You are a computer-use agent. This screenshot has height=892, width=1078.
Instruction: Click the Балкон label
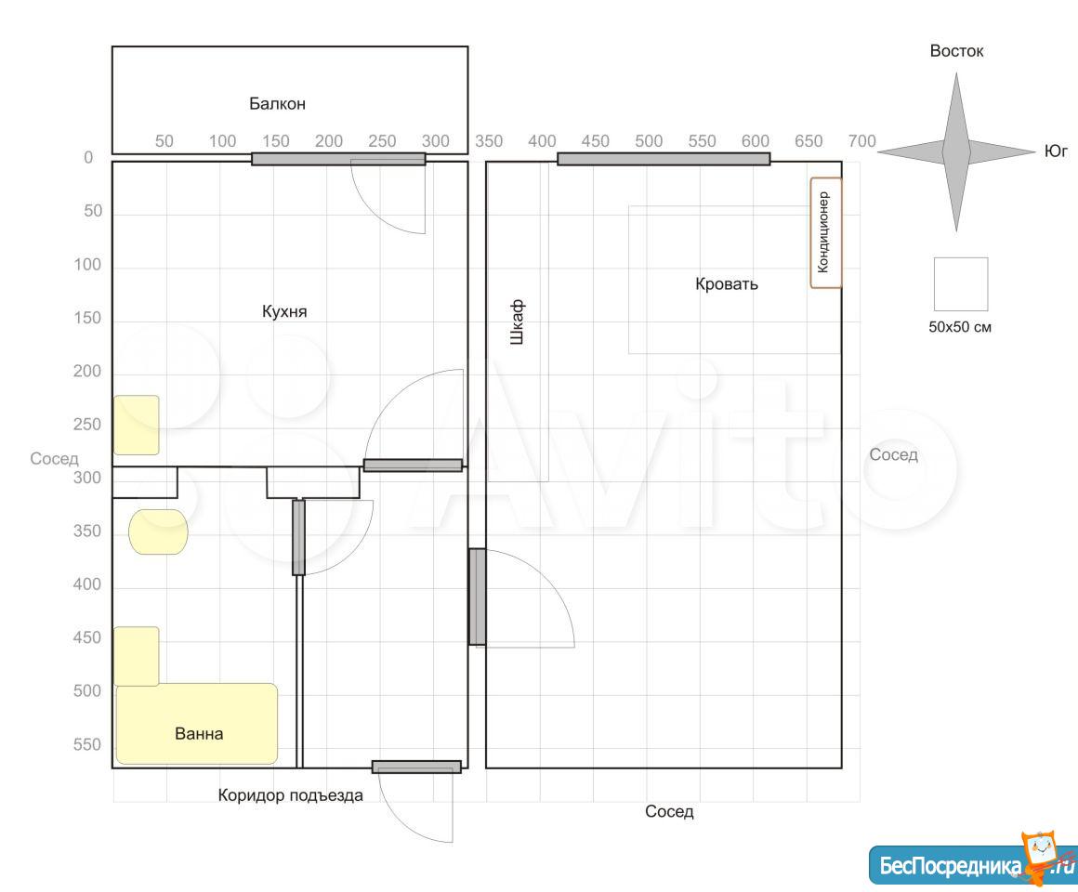pyautogui.click(x=277, y=104)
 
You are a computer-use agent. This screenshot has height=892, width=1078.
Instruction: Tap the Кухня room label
pyautogui.click(x=284, y=311)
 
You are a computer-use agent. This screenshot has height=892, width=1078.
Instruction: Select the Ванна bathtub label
pyautogui.click(x=199, y=734)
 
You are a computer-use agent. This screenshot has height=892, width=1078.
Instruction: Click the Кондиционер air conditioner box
pyautogui.click(x=825, y=232)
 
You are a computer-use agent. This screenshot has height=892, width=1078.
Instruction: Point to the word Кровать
pyautogui.click(x=727, y=283)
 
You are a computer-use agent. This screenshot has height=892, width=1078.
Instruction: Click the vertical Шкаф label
pyautogui.click(x=518, y=321)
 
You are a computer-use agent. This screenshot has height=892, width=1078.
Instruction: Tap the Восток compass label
pyautogui.click(x=956, y=51)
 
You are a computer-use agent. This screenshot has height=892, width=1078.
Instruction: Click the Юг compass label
pyautogui.click(x=1056, y=151)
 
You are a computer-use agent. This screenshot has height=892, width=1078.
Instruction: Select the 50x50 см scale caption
pyautogui.click(x=960, y=327)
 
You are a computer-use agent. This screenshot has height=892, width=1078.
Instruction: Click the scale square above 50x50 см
pyautogui.click(x=960, y=284)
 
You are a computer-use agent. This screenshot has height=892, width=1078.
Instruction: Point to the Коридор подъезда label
pyautogui.click(x=290, y=795)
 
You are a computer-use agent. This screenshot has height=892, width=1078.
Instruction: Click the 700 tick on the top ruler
pyautogui.click(x=861, y=141)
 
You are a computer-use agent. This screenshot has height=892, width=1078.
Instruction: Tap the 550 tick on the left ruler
pyautogui.click(x=87, y=744)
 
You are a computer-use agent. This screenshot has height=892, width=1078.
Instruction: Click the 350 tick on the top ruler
pyautogui.click(x=489, y=141)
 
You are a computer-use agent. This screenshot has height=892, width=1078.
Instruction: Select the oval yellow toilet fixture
pyautogui.click(x=158, y=531)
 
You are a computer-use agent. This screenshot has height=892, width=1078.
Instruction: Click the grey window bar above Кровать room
pyautogui.click(x=664, y=160)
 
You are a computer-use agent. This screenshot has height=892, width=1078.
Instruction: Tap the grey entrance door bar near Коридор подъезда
pyautogui.click(x=416, y=767)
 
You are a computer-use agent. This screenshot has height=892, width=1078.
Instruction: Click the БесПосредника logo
pyautogui.click(x=971, y=861)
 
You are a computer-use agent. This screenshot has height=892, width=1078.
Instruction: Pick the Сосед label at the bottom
pyautogui.click(x=669, y=811)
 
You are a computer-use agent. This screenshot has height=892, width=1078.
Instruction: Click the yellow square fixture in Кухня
pyautogui.click(x=136, y=425)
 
